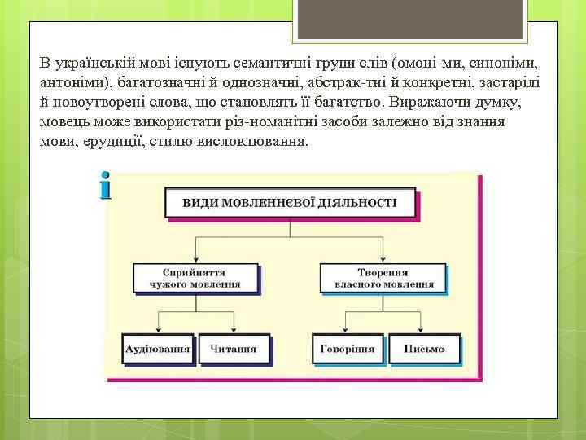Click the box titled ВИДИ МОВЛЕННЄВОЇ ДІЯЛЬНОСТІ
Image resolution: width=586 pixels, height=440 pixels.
click(x=290, y=202)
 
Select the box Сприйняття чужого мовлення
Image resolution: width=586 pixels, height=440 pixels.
click(x=195, y=277)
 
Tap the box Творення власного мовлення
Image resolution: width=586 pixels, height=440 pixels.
click(x=383, y=277)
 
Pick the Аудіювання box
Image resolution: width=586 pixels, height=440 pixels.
click(x=157, y=349)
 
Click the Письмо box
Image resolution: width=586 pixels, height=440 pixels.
click(x=425, y=349)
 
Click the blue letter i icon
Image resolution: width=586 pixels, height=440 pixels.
click(x=105, y=187)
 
